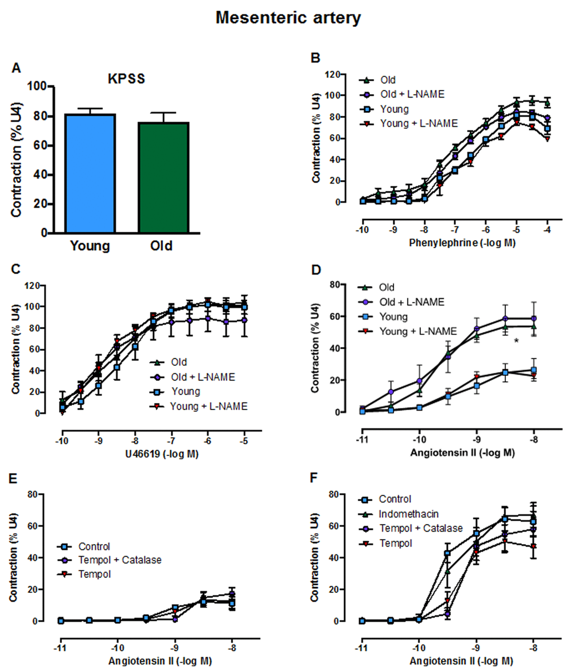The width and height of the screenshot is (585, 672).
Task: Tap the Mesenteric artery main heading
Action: [x=288, y=18]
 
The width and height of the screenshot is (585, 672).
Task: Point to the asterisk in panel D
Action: [x=517, y=342]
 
